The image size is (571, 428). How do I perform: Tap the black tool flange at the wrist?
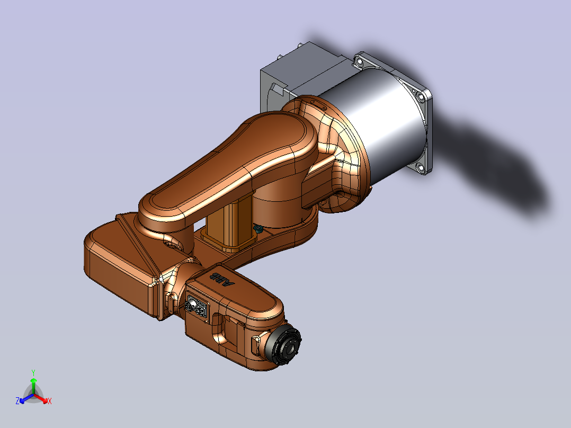(284, 345)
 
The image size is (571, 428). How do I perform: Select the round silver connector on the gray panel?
(190, 305)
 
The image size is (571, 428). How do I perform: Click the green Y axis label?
(33, 373)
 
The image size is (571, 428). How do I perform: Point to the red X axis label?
(50, 401)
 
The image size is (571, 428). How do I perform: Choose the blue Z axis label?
(17, 401)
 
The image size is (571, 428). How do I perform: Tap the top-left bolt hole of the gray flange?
(360, 63)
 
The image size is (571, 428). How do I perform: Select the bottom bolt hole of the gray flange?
(421, 168)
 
